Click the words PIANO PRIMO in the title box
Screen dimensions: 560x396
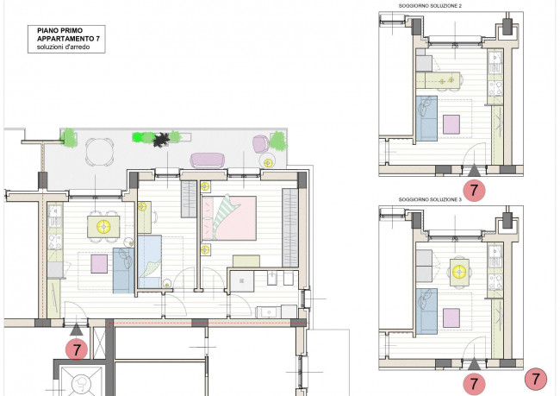pyautogui.click(x=59, y=31)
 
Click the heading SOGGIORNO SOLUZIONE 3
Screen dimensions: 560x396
pyautogui.click(x=430, y=199)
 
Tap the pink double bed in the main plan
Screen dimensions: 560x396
pyautogui.click(x=229, y=218)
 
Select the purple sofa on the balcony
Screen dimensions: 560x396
pyautogui.click(x=208, y=160)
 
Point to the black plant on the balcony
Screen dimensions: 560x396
pyautogui.click(x=162, y=140)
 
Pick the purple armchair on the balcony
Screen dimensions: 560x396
pyautogui.click(x=261, y=144)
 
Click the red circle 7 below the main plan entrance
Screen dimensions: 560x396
pyautogui.click(x=77, y=349)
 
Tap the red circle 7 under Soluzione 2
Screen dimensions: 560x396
pyautogui.click(x=474, y=190)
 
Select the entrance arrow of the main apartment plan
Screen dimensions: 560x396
pyautogui.click(x=77, y=330)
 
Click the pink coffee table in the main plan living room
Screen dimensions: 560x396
pyautogui.click(x=99, y=264)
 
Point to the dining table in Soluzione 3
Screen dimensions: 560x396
pyautogui.click(x=459, y=273)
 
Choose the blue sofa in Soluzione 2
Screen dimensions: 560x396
pyautogui.click(x=426, y=118)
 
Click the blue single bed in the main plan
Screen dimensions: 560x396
pyautogui.click(x=149, y=261)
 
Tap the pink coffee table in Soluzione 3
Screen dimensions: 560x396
pyautogui.click(x=451, y=318)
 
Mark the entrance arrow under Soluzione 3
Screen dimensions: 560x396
pyautogui.click(x=474, y=365)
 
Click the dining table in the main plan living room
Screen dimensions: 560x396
pyautogui.click(x=103, y=226)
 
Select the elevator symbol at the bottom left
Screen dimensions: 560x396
pyautogui.click(x=82, y=384)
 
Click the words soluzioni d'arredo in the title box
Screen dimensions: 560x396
pyautogui.click(x=64, y=47)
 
